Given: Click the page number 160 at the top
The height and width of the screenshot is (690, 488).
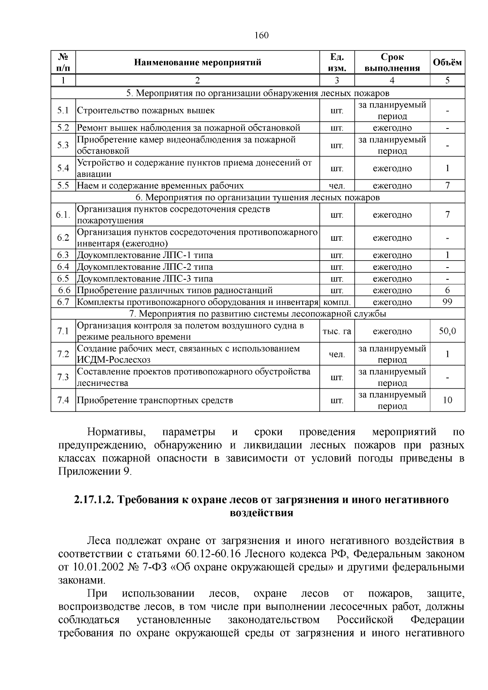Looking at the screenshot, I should tap(261, 35).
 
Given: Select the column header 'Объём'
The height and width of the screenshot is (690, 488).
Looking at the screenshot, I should tap(447, 62).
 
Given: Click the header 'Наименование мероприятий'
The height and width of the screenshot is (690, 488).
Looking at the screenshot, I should tap(198, 62).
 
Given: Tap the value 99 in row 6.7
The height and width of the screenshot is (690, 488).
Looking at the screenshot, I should tap(447, 302).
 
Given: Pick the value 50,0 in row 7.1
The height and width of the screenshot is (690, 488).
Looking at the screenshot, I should tap(447, 331).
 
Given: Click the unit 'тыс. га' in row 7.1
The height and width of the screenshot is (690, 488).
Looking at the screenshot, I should tap(337, 331).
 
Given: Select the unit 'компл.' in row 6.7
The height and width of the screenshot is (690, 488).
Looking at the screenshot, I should tap(337, 302).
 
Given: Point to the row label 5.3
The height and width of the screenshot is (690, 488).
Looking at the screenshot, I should tap(63, 145).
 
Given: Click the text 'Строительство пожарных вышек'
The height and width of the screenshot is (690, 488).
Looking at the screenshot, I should tap(146, 111).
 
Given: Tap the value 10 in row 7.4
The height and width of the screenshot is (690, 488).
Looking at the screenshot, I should tap(447, 400).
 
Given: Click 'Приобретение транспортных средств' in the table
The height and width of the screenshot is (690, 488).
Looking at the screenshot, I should tap(155, 400).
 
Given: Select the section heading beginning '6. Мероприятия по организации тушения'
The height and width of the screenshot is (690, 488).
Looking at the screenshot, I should tap(257, 198).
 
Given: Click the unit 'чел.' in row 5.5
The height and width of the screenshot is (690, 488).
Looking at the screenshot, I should tap(337, 186).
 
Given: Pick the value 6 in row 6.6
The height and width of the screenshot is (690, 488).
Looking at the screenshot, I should tap(447, 290).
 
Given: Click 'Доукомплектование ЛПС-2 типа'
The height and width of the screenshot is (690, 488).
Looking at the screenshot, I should tap(145, 267).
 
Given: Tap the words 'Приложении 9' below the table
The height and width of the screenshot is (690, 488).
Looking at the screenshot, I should tap(94, 472).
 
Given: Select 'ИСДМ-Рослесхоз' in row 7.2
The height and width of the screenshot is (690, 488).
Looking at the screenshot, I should tap(113, 360).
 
